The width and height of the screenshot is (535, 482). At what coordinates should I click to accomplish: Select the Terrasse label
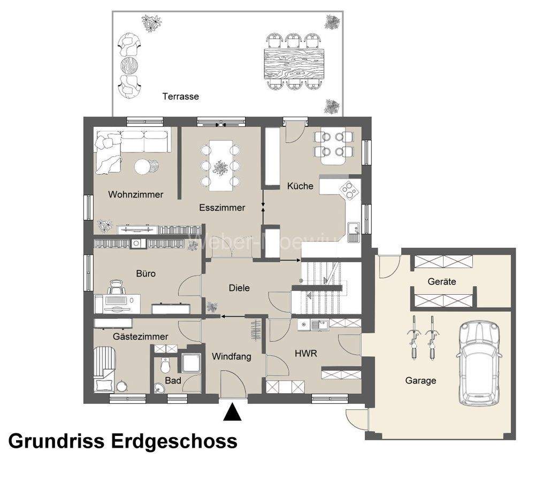point(180,97)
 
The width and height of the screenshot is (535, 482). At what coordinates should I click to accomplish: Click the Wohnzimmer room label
point(135,195)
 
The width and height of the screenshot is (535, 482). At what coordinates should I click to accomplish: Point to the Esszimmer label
point(222,208)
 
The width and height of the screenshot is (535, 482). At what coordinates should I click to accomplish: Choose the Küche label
point(300,186)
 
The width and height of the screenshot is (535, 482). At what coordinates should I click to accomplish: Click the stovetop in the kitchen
point(348,189)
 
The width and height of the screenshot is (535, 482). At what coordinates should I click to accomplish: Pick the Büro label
point(146,273)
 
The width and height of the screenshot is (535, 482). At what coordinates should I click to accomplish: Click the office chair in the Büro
point(115,288)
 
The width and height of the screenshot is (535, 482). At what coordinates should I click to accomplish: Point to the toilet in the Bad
point(165,366)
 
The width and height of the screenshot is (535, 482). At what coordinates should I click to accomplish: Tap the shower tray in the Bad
point(189,362)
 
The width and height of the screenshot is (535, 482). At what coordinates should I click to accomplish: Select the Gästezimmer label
point(140,336)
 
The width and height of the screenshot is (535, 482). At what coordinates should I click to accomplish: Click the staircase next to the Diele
point(321,286)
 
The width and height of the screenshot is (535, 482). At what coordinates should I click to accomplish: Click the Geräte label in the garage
point(442,281)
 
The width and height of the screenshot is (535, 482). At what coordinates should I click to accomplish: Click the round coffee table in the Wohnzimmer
point(143,167)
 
